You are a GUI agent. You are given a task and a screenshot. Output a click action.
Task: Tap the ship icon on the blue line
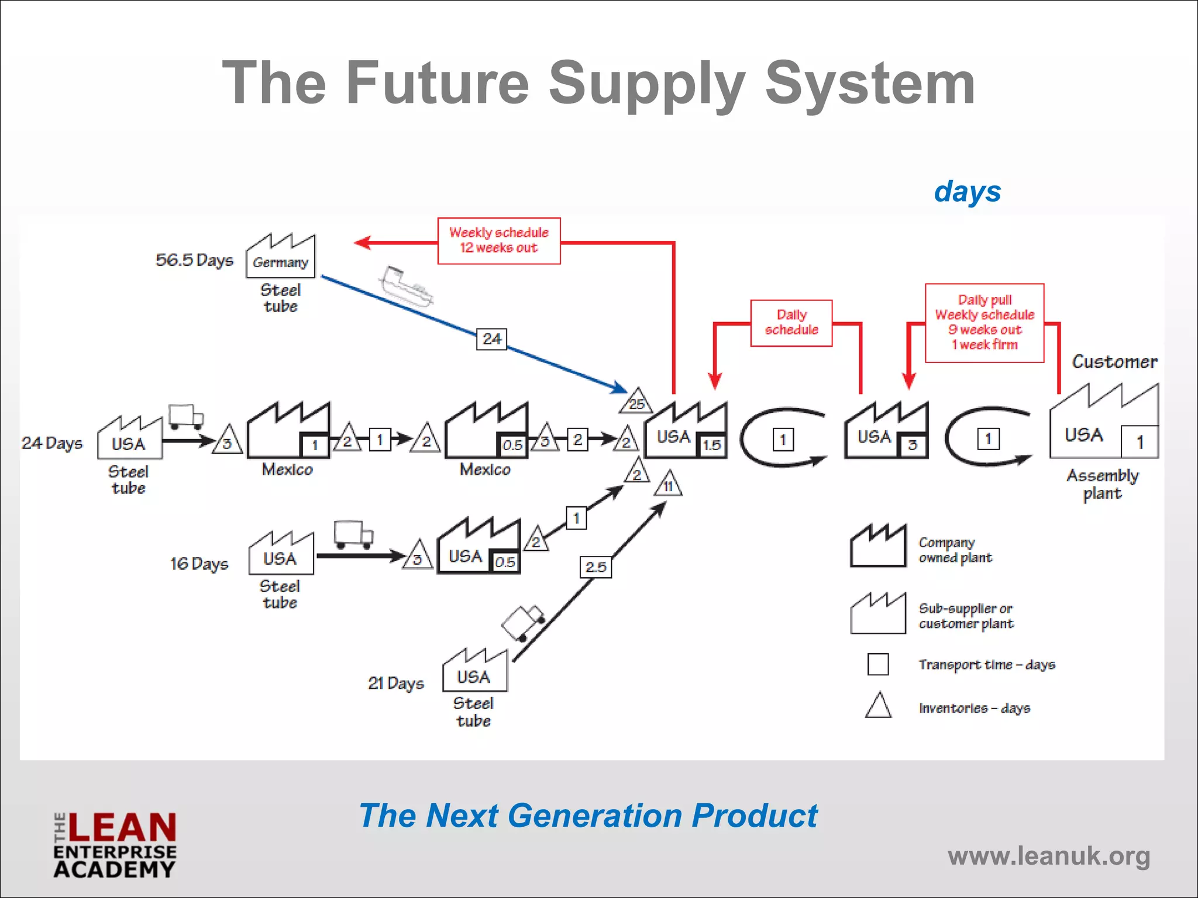(405, 286)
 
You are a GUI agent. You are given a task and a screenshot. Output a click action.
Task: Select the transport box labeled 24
(491, 339)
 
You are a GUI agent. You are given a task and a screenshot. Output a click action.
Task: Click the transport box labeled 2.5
(595, 567)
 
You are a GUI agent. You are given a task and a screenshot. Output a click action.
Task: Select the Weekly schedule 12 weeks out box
(499, 240)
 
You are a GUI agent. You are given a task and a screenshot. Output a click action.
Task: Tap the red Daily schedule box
(791, 323)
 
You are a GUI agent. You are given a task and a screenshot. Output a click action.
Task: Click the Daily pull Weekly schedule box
(984, 323)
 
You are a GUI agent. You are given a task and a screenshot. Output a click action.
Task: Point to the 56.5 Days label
(194, 260)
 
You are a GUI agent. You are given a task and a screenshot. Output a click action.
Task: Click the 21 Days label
(396, 683)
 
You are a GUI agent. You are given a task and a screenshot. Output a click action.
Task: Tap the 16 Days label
(199, 564)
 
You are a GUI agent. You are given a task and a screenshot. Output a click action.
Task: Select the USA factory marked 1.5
(686, 431)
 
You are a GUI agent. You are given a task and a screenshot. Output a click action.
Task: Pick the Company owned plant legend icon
(878, 546)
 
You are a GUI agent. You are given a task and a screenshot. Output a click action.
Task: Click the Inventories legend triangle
(878, 706)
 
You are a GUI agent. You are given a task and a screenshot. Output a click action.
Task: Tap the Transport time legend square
(878, 664)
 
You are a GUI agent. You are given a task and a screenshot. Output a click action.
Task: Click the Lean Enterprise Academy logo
(115, 845)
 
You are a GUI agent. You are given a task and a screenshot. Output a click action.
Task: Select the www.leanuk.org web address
(1049, 856)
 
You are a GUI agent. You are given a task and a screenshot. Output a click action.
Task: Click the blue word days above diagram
(968, 192)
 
